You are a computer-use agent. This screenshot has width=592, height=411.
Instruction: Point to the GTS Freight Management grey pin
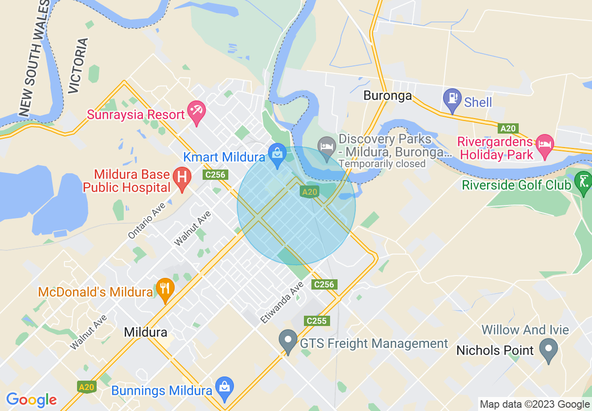point(288,341)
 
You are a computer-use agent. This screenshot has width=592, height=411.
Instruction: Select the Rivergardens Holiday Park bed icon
point(544,145)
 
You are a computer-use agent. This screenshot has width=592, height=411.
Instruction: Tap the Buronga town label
point(388,96)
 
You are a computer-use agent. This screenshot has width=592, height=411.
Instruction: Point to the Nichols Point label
point(494,350)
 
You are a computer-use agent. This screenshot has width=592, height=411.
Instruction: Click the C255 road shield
point(317,321)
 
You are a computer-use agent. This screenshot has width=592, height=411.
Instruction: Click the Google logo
point(31,400)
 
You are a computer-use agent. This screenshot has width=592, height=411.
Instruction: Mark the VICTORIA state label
point(78,65)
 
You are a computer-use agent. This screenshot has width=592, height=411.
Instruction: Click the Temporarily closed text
point(382,164)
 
